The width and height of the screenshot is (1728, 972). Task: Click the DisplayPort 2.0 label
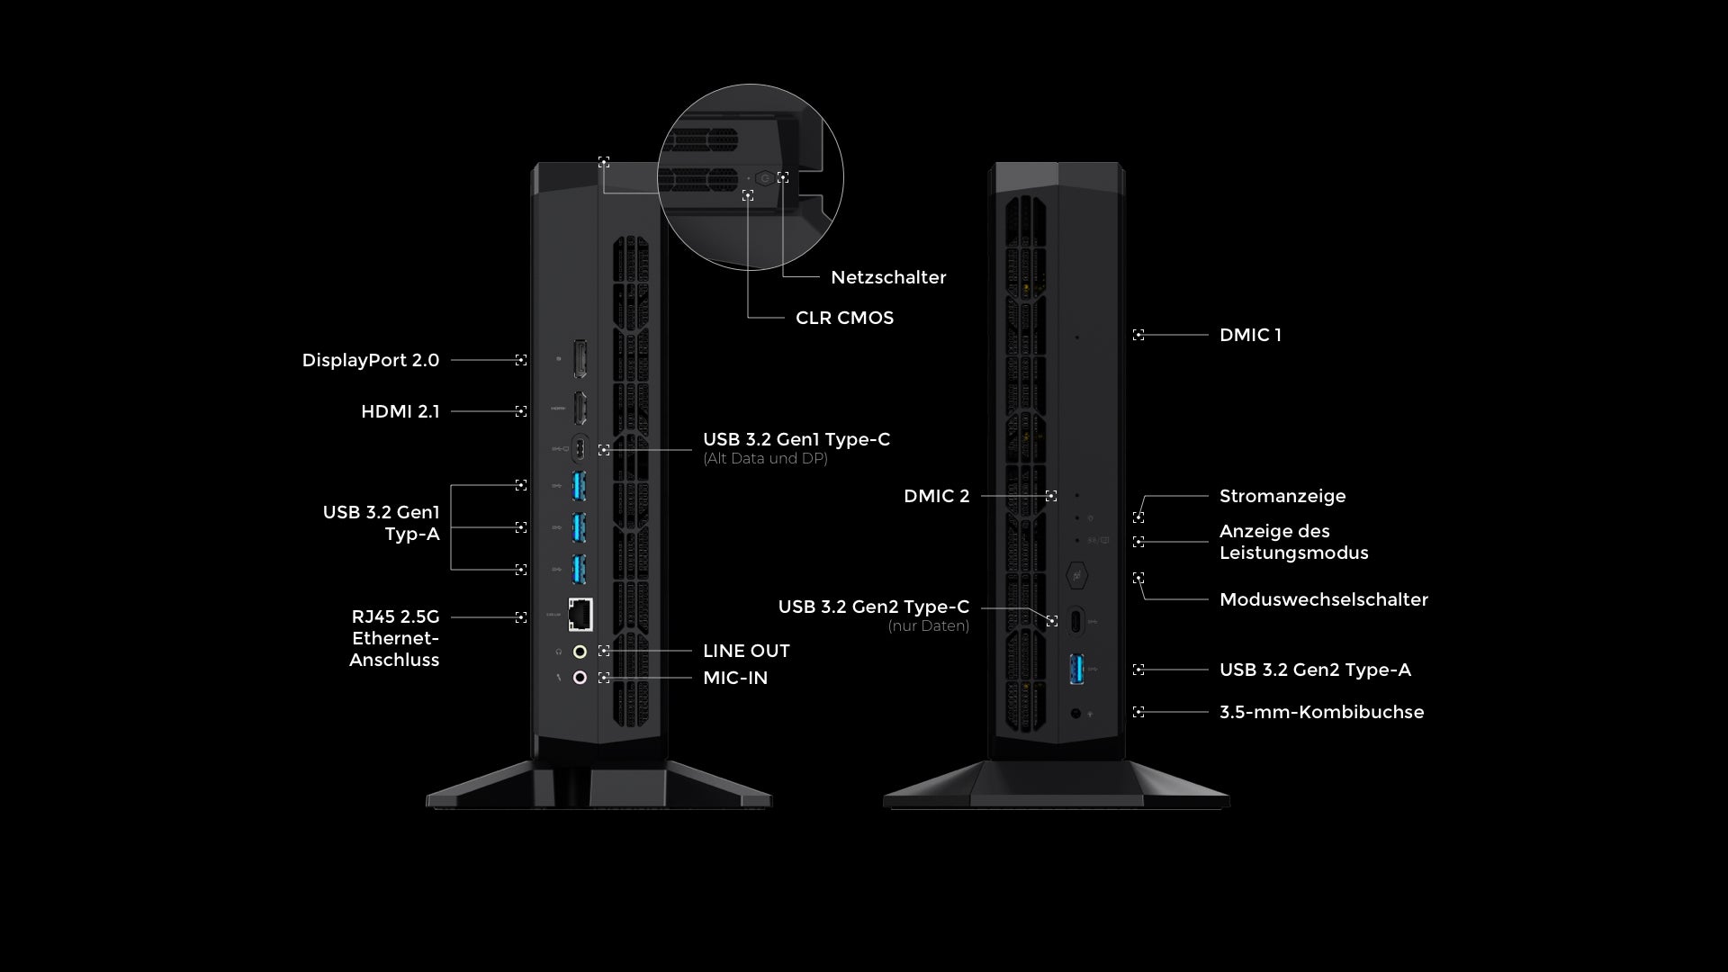pos(370,360)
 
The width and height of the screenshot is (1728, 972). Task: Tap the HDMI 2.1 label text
pos(400,411)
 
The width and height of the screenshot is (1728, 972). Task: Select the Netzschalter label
pos(888,277)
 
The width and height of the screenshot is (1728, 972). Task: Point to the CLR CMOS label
pos(844,318)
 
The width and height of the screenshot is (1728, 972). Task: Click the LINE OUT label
pos(746,651)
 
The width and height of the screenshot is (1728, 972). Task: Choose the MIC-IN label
pos(735,678)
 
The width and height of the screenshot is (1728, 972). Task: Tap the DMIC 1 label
pos(1250,335)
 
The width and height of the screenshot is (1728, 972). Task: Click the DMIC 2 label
pos(936,496)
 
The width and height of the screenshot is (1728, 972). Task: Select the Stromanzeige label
pos(1282,496)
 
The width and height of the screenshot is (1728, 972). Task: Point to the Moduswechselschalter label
pos(1323,599)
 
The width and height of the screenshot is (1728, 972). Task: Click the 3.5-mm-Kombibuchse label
pos(1321,712)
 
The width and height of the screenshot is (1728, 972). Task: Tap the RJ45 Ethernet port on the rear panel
pos(580,614)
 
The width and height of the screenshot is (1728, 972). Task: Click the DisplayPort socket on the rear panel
pos(580,359)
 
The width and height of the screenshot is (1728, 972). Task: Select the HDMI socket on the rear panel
pos(580,409)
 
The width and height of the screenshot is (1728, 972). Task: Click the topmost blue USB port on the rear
pos(580,486)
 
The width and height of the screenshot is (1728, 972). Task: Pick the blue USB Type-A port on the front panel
pos(1076,669)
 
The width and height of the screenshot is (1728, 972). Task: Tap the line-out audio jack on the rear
pos(580,651)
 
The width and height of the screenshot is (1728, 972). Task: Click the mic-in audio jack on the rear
pos(580,677)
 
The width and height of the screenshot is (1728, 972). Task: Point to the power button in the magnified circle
pos(765,178)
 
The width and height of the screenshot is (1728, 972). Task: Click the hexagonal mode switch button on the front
pos(1076,574)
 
